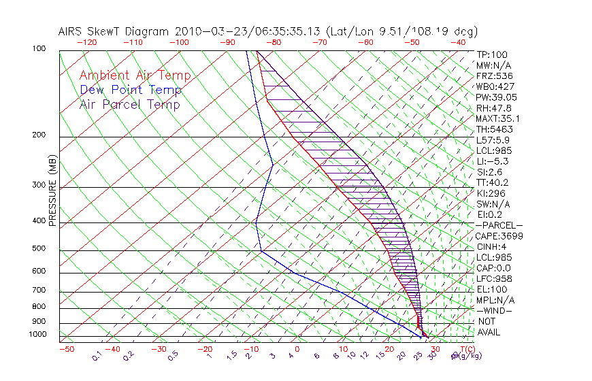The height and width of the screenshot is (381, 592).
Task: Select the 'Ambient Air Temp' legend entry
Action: pos(135,76)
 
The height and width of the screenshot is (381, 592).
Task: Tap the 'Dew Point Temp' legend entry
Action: pos(131,90)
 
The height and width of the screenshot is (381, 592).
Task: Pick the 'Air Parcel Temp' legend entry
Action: pos(129,105)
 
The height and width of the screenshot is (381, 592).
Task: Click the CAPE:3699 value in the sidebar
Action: pos(499,236)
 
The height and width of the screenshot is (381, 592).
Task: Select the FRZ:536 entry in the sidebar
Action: pos(494,76)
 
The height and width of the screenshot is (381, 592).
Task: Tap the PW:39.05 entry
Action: pos(497,97)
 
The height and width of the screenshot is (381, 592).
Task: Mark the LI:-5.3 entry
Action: pos(492,161)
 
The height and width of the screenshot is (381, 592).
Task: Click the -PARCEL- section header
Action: pos(499,225)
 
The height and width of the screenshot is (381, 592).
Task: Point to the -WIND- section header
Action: pos(494,310)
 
